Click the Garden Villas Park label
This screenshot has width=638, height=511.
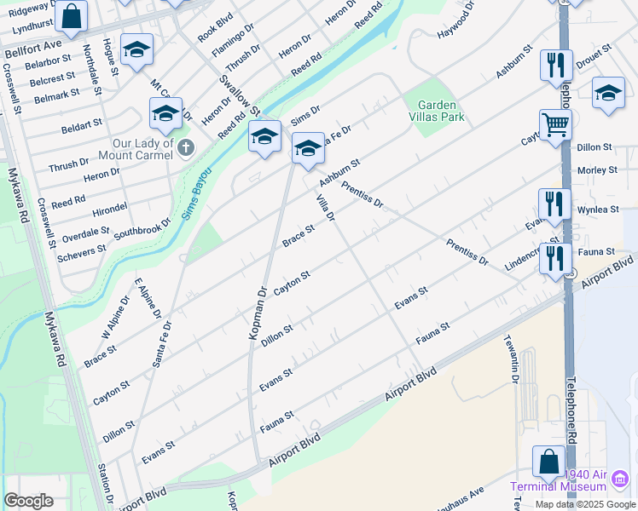(x=435, y=111)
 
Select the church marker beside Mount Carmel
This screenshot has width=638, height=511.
(x=186, y=149)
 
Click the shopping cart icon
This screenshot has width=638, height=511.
(x=555, y=124)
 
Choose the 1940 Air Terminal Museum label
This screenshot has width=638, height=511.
(x=569, y=480)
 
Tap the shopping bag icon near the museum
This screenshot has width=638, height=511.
(x=548, y=462)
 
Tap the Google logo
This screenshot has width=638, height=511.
(x=28, y=501)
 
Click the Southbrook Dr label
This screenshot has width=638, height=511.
(x=142, y=226)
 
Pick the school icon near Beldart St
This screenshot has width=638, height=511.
(x=166, y=113)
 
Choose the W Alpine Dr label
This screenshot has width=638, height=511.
(x=116, y=316)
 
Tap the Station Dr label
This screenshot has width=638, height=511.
(x=107, y=481)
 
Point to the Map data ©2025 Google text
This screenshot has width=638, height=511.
(x=584, y=504)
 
